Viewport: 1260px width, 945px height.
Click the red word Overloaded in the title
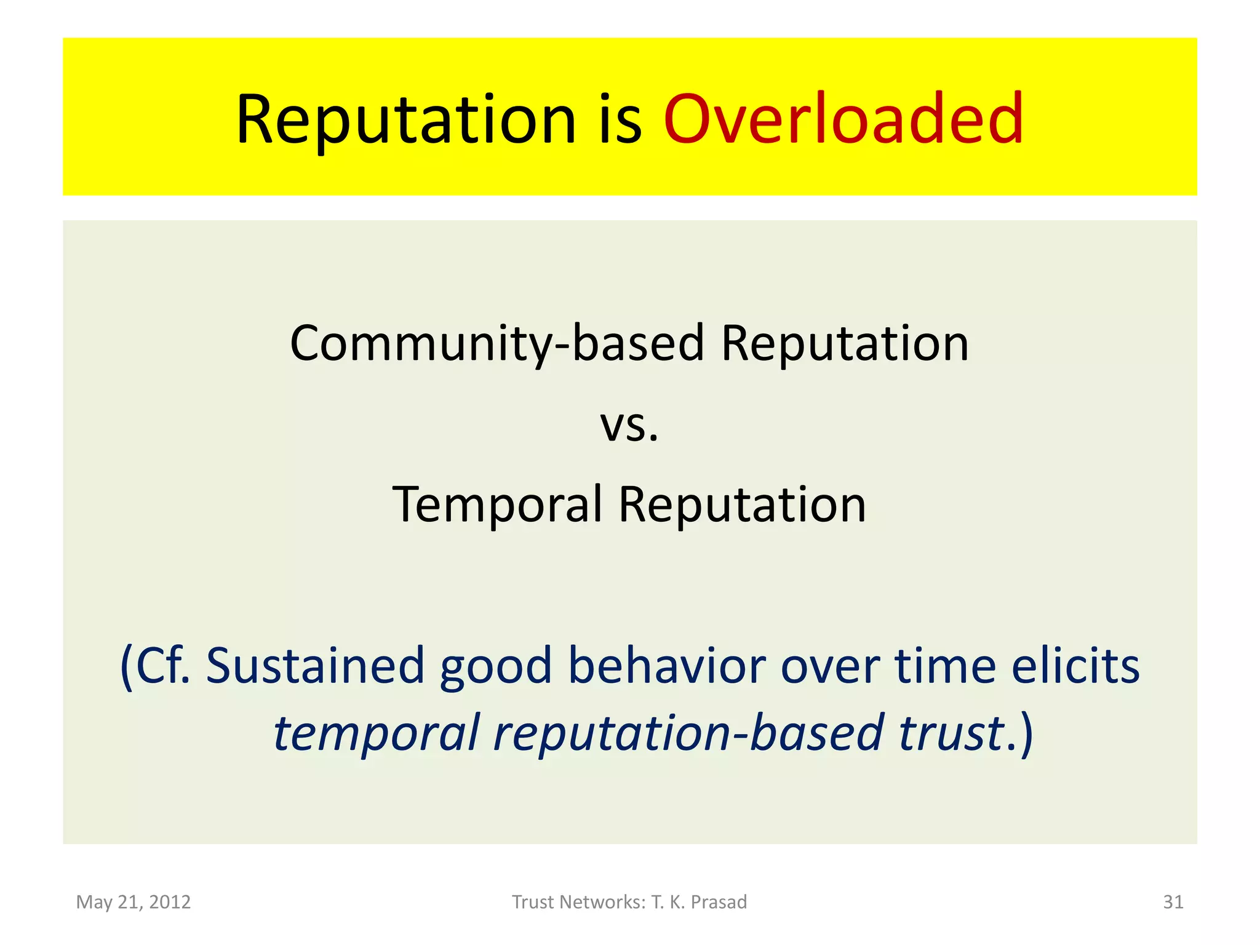(x=843, y=119)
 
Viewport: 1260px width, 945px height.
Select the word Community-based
(x=496, y=343)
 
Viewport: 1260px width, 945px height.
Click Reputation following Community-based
(x=845, y=343)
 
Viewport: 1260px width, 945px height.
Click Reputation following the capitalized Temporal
(x=742, y=504)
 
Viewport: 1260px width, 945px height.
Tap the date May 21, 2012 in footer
(x=134, y=902)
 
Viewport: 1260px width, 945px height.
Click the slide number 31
(x=1173, y=902)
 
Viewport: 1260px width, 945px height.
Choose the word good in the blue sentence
(x=495, y=666)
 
